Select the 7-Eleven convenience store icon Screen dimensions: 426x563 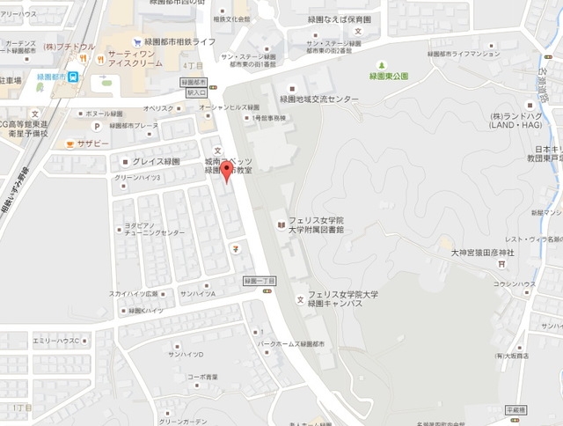235,247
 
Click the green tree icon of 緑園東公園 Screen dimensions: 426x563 383,65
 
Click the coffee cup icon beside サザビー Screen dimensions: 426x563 67,143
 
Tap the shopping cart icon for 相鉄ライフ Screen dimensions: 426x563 137,40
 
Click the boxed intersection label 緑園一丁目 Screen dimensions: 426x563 260,281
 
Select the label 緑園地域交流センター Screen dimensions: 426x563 318,99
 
